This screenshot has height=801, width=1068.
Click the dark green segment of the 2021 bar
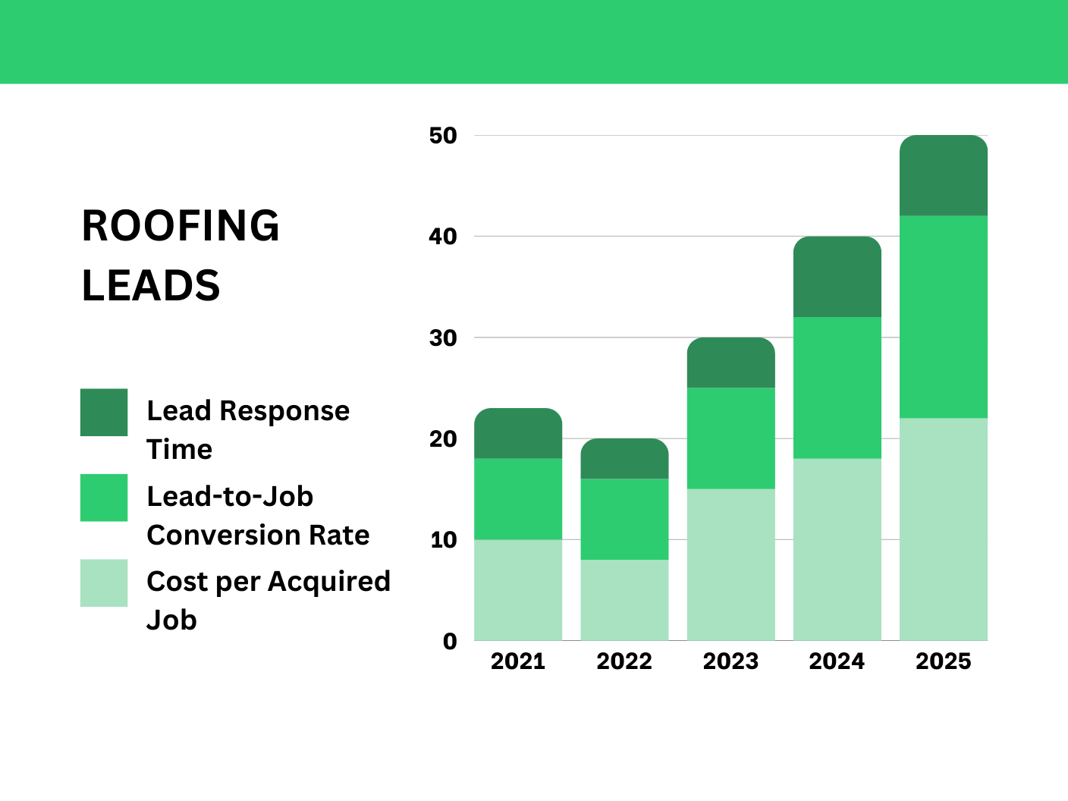click(518, 433)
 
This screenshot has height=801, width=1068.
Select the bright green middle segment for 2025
click(944, 316)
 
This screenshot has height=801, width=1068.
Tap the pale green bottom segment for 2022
click(624, 600)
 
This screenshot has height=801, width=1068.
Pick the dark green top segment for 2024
click(837, 277)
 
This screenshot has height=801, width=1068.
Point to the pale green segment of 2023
click(731, 564)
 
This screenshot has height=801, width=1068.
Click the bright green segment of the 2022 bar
click(624, 519)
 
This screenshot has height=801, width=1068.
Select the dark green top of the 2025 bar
click(944, 176)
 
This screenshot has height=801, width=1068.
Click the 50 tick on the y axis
click(443, 136)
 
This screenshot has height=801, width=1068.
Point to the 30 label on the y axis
click(443, 338)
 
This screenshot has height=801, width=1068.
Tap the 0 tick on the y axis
click(451, 642)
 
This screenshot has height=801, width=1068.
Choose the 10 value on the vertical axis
click(443, 540)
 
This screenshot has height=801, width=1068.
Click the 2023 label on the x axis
click(730, 661)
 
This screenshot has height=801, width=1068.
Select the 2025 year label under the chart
click(943, 661)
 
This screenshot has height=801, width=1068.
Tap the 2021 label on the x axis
click(518, 661)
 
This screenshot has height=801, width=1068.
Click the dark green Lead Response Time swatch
click(104, 413)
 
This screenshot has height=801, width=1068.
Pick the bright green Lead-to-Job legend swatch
click(104, 498)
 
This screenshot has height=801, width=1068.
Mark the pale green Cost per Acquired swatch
click(104, 583)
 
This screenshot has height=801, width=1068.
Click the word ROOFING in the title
click(181, 226)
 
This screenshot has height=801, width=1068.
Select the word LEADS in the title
click(151, 286)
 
